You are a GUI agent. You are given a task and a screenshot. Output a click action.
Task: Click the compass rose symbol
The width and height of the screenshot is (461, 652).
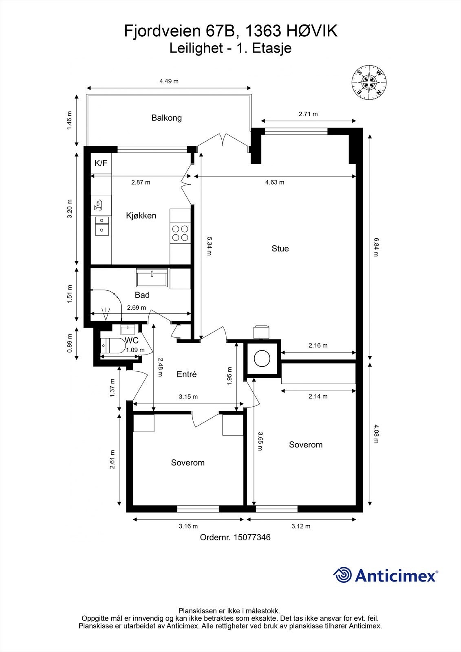click(x=369, y=82)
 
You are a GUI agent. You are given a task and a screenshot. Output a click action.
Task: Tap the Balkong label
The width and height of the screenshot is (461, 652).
click(x=166, y=118)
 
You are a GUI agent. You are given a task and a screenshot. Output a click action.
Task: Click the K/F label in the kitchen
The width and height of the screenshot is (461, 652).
click(x=101, y=163)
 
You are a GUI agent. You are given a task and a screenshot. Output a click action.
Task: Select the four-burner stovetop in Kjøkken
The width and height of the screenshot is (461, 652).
click(x=180, y=233)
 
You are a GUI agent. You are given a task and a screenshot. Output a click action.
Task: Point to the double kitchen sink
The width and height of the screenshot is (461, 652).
click(x=101, y=226)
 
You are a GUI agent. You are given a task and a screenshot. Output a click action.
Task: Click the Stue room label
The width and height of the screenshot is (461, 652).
click(x=280, y=249)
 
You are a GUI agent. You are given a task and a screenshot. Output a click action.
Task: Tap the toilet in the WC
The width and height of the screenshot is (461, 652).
click(x=113, y=346)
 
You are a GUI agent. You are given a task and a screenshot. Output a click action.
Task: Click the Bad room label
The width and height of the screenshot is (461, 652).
click(x=142, y=295)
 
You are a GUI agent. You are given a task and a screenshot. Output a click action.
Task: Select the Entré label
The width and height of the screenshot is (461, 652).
click(x=187, y=374)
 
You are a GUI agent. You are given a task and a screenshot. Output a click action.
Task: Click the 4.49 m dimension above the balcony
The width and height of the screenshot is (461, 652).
click(x=169, y=81)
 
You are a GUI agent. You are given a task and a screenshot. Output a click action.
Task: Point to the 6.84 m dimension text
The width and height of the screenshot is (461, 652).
click(x=375, y=247)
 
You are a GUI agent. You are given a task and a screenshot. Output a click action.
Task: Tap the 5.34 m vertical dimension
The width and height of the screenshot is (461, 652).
click(x=209, y=246)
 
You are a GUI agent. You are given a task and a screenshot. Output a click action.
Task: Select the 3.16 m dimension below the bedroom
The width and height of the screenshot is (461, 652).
click(x=188, y=526)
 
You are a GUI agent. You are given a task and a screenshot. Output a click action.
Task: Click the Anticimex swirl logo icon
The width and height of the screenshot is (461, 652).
click(x=342, y=575)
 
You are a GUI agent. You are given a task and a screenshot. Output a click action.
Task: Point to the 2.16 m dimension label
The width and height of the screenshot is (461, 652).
click(x=318, y=346)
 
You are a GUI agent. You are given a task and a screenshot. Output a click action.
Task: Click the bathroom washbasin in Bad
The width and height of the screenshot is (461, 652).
click(x=152, y=279)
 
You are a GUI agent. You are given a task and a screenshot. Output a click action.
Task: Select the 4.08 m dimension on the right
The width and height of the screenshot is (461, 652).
click(x=375, y=434)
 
